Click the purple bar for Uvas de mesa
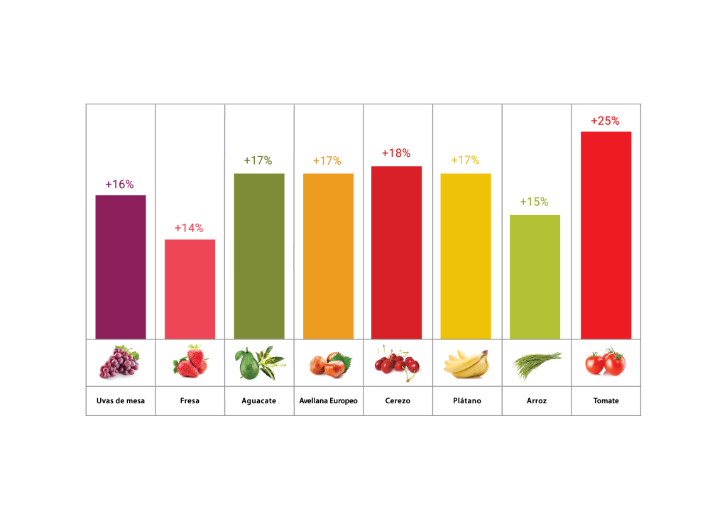coord(121,267)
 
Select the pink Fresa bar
coord(190,289)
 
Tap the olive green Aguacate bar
coord(259,256)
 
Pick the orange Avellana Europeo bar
coord(328,256)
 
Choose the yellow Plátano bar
coord(466,256)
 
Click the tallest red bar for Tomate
coord(606,235)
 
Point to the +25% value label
coord(606,121)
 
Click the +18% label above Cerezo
coord(396,153)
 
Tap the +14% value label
coord(189,228)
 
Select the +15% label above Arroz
coord(534,202)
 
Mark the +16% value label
coord(119,184)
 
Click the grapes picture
coord(119,362)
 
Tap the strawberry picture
coord(190,362)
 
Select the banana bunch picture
coord(466,363)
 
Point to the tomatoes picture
coord(606,363)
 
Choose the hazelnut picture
coord(329,363)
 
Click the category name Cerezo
coord(397,401)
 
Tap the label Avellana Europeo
coord(329,401)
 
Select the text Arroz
coord(537,401)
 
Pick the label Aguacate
coord(259,401)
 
